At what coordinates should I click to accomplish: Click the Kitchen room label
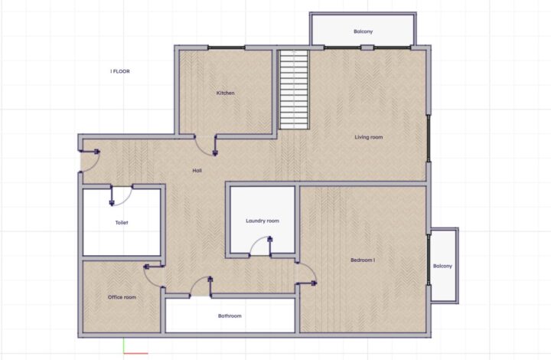[225, 93]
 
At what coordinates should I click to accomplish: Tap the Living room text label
[369, 137]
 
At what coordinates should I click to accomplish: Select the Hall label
[197, 171]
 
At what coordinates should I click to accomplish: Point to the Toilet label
[122, 223]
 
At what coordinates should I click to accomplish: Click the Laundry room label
[262, 221]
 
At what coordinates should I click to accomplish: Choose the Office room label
[122, 297]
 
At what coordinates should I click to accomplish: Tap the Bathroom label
[230, 316]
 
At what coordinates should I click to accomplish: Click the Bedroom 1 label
[363, 260]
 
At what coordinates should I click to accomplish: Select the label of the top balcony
[363, 31]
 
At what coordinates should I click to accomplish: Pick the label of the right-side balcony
[442, 266]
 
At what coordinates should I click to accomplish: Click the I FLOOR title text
[120, 71]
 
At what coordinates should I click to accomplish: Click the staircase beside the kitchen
[294, 90]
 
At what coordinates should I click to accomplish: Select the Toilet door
[122, 195]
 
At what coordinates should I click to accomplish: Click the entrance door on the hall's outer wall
[90, 161]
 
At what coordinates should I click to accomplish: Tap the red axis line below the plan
[136, 353]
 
